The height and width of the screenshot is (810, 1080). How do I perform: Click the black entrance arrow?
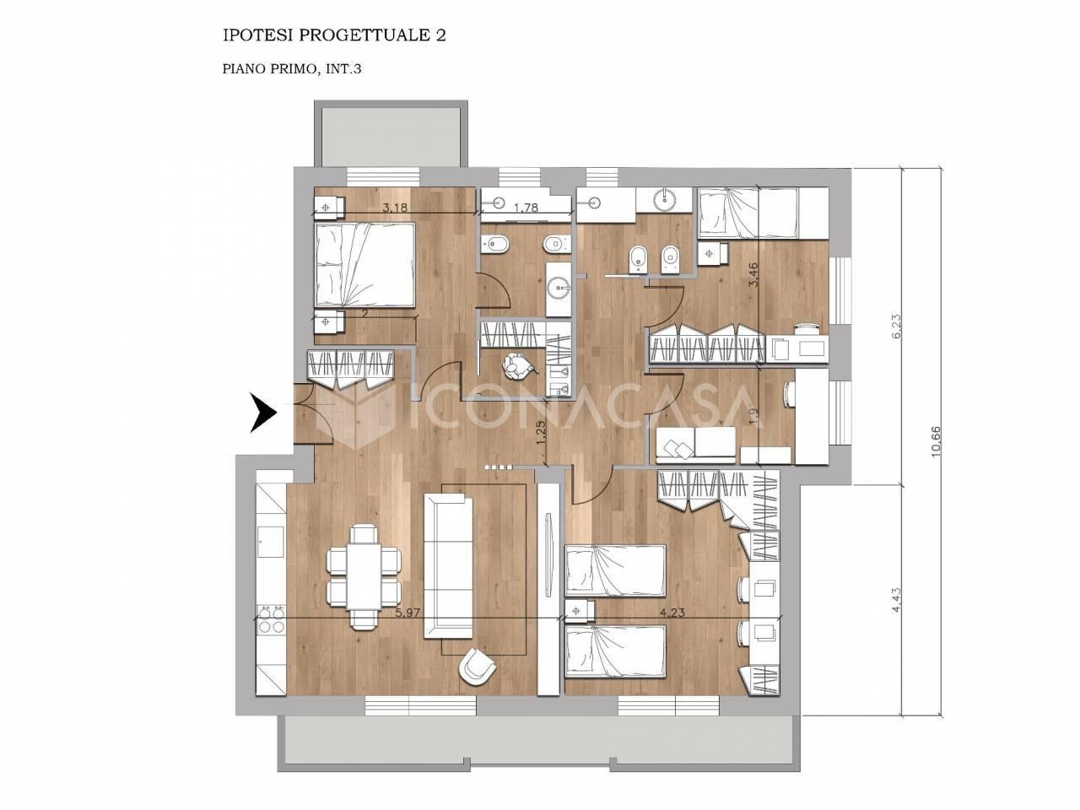coord(264,413)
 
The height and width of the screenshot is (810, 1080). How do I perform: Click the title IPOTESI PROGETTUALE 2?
coord(334,36)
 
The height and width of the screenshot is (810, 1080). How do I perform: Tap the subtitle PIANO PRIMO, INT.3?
coord(292,69)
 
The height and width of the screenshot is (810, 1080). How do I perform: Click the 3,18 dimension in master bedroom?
coord(395,208)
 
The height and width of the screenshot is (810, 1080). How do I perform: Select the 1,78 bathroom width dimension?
coord(526,208)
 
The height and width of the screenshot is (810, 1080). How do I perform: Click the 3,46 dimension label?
coord(753,274)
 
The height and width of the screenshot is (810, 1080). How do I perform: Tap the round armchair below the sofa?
coord(477,665)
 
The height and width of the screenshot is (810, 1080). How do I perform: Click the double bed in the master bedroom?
coord(364,265)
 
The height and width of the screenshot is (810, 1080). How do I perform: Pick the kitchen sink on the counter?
coord(271,542)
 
